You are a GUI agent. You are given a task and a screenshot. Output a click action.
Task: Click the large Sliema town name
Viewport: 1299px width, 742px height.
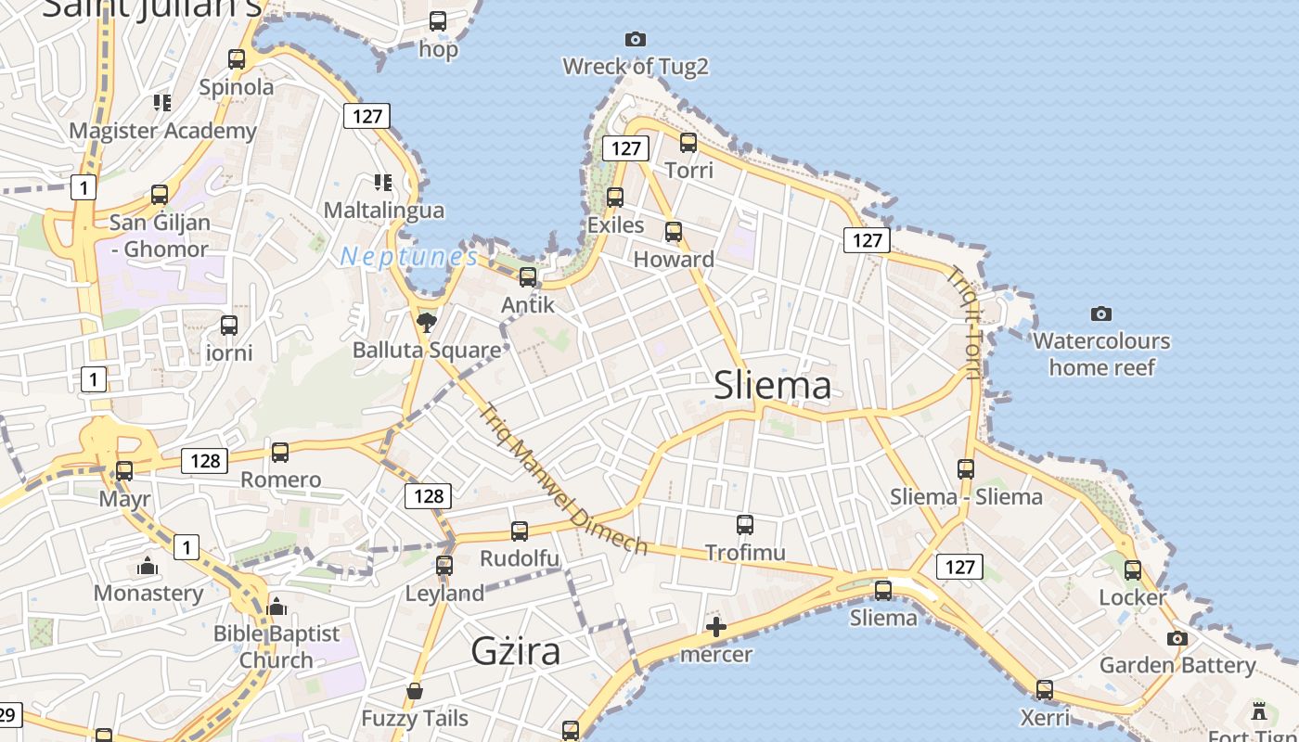[772, 385]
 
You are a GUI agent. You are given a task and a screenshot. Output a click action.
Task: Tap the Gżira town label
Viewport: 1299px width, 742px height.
[516, 651]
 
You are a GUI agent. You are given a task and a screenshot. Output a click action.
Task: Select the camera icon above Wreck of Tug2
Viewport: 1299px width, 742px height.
[635, 39]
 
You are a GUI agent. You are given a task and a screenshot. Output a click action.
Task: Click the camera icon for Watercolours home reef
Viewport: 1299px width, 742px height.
[1101, 313]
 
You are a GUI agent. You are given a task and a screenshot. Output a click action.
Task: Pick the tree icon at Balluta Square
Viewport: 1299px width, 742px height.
[427, 322]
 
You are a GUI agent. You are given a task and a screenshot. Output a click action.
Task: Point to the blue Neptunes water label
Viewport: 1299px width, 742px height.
[409, 257]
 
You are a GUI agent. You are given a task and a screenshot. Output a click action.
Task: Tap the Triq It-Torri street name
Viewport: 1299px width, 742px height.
[964, 322]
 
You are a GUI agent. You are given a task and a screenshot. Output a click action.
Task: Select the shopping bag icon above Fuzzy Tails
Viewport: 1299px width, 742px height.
[415, 691]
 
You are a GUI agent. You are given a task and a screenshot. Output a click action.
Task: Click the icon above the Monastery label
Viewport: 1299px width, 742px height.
[148, 566]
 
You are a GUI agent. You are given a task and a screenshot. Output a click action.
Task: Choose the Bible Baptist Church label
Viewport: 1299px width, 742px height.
[277, 646]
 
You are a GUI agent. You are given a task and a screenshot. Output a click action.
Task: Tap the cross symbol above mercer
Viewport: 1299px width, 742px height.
[716, 627]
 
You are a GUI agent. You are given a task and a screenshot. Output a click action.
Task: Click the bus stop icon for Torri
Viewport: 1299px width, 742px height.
[688, 143]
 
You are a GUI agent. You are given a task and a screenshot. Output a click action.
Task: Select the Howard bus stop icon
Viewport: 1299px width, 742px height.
[674, 232]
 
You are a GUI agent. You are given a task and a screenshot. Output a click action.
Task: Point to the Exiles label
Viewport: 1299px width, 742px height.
[615, 224]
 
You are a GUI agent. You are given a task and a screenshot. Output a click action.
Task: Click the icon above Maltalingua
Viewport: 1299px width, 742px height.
[383, 182]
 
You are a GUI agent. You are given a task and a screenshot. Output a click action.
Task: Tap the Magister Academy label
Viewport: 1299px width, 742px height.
[162, 131]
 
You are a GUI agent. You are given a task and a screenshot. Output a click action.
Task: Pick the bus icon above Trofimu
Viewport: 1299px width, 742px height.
[745, 525]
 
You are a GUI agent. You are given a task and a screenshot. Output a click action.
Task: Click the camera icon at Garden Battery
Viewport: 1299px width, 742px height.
[1177, 638]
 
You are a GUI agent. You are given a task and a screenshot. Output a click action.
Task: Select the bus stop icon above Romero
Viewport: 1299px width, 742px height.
[280, 453]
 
